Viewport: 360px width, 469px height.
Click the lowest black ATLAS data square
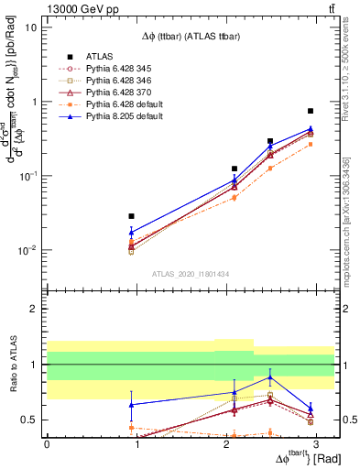point(132,216)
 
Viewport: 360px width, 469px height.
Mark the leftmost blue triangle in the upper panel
point(132,233)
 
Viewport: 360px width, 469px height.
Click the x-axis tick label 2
point(226,442)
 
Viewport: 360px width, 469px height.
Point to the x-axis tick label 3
point(316,442)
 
